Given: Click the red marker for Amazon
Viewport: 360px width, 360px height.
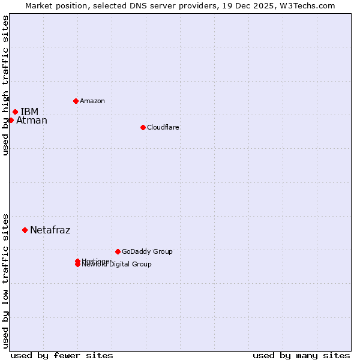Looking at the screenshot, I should point(76,101).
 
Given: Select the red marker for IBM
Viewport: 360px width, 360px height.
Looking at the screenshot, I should point(15,112).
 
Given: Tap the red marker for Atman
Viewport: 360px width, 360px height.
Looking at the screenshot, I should point(11,120).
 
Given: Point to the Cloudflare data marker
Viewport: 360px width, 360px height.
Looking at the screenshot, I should point(143,127).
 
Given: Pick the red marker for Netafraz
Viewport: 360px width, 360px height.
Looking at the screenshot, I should point(25,230).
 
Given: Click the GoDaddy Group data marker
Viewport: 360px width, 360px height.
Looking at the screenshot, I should point(118,251).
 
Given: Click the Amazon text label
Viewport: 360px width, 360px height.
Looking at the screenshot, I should point(92,101).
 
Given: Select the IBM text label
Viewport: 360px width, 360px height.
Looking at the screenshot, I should point(29,112).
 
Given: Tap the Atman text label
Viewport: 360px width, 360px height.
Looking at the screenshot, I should point(32,121).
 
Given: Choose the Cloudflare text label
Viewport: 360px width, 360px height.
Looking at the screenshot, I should point(163,127).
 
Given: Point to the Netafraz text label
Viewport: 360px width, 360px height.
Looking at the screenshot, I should point(50,230).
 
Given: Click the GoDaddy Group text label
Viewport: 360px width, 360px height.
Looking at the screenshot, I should point(147,251).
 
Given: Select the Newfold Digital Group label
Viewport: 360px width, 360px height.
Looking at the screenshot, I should point(117,265).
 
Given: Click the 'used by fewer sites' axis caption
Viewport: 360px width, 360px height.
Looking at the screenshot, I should point(62,355).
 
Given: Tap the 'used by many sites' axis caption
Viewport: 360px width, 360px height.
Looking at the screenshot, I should point(301,355).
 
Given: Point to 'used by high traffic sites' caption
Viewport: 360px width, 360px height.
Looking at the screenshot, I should point(6,85).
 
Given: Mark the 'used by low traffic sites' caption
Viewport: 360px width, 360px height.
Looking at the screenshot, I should point(6,280).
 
